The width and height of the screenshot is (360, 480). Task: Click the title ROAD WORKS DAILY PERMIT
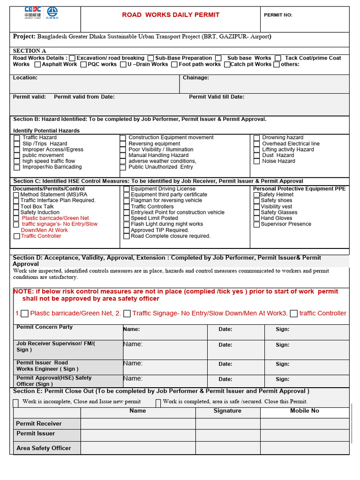tap(171, 15)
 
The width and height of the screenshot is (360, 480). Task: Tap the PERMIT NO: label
tap(278, 15)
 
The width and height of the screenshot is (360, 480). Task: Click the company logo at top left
tap(41, 14)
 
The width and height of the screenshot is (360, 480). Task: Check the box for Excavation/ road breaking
tap(72, 58)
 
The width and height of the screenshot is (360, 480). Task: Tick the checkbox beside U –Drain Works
tap(123, 65)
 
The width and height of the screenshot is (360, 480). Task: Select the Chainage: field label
tap(195, 78)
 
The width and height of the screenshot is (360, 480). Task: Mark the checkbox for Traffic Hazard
tap(17, 138)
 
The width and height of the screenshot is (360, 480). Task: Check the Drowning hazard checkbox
tap(257, 138)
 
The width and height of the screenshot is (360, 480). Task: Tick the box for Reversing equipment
tap(123, 144)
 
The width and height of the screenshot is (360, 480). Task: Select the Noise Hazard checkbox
tap(257, 161)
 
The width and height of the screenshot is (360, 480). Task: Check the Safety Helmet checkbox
tap(256, 195)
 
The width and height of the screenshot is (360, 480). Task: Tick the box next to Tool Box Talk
tap(16, 207)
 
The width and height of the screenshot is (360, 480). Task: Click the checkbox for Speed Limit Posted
tap(127, 218)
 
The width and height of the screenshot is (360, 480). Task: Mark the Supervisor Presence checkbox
tap(256, 225)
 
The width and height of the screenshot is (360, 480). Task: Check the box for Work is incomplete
tap(16, 403)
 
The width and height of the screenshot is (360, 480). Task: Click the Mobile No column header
tap(305, 411)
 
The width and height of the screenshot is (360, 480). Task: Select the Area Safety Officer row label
tap(44, 448)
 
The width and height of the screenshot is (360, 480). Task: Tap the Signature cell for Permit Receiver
tap(228, 424)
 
